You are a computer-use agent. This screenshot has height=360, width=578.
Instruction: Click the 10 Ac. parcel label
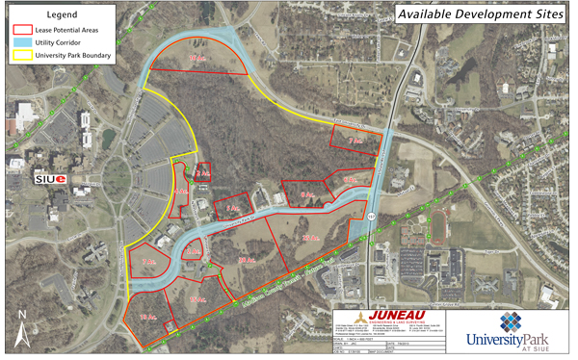[x=197, y=60]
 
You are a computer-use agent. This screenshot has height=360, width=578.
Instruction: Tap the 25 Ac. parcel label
[x=309, y=238]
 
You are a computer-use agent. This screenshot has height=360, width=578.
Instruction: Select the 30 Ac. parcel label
[x=245, y=260]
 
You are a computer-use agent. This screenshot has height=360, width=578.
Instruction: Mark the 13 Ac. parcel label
[x=147, y=317]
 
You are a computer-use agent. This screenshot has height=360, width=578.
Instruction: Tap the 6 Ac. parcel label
[x=352, y=179]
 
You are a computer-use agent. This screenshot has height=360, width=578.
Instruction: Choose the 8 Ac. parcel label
[x=307, y=195]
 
